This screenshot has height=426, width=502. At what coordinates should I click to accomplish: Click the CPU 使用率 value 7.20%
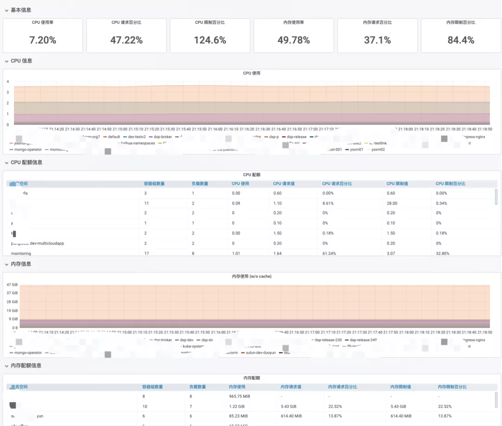tap(43, 40)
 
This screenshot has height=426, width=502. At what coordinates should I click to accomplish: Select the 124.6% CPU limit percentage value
tap(210, 40)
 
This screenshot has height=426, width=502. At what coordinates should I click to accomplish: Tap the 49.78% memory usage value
tap(294, 40)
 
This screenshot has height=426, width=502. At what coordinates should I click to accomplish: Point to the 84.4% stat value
tap(461, 40)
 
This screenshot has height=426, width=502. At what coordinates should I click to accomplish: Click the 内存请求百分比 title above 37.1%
tap(377, 22)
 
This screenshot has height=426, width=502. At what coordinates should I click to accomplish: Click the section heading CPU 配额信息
tap(26, 162)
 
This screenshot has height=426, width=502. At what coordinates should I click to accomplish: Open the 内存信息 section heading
tap(21, 264)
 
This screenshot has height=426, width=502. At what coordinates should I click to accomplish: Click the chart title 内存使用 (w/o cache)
tap(251, 276)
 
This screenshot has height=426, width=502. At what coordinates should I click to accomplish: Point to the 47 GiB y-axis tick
tap(12, 284)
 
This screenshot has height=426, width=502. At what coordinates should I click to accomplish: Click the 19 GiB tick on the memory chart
tap(12, 311)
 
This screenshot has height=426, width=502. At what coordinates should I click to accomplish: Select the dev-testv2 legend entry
tap(137, 137)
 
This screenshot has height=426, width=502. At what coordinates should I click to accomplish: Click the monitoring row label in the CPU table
tap(21, 253)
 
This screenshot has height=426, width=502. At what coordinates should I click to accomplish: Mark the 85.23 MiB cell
tap(239, 416)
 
